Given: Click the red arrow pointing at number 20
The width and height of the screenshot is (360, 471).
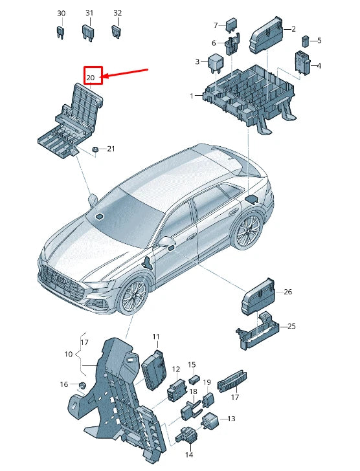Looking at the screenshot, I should click(126, 72).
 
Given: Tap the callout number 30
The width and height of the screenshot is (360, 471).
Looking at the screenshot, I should click(61, 13).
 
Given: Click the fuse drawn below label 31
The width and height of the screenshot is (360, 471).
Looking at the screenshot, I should click(89, 31).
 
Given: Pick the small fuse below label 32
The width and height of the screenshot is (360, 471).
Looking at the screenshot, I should click(117, 30).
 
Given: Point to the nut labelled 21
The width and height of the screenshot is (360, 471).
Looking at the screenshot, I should click(95, 149).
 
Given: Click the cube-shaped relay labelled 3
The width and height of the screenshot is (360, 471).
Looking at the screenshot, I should click(214, 62).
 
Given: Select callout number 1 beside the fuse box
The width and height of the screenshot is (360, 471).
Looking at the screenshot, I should click(192, 96).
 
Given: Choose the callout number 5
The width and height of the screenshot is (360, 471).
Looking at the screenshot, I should click(319, 40).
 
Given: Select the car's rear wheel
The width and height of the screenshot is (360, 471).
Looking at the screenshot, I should click(248, 229).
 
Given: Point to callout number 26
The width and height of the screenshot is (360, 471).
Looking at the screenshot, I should click(288, 292).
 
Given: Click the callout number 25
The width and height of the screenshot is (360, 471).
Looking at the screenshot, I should click(291, 326).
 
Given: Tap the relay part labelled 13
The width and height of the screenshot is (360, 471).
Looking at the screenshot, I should click(212, 420).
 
